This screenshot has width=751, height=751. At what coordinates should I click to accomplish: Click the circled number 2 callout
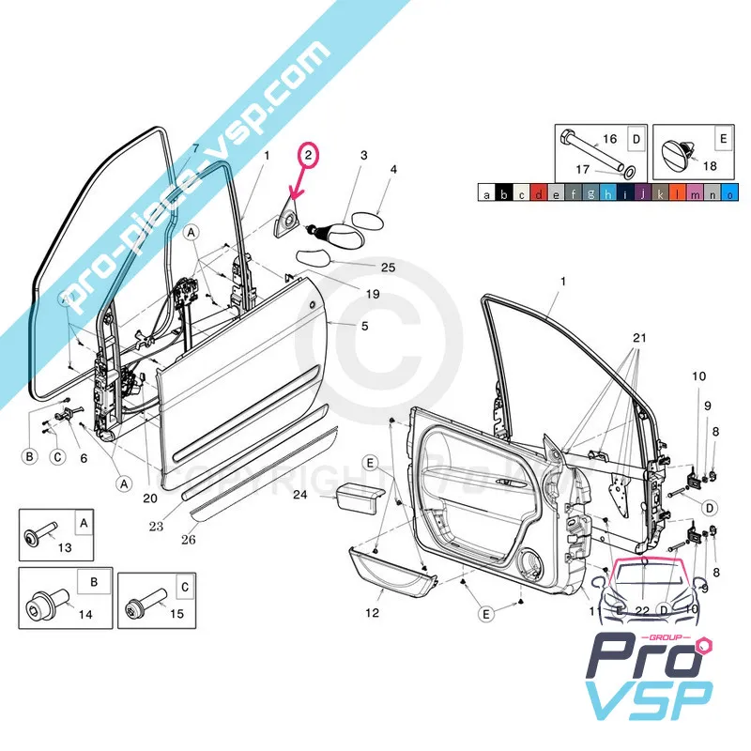309,153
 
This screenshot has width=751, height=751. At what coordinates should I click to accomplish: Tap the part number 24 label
300,495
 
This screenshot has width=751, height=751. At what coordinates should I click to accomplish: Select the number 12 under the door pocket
373,613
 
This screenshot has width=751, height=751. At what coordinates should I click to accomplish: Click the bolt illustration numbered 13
38,536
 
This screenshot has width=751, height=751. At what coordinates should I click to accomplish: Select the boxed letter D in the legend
636,140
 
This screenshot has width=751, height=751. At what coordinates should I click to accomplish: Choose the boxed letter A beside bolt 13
83,522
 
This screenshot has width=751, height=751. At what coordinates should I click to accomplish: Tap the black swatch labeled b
504,195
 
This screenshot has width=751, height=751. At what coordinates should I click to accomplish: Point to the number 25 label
361,268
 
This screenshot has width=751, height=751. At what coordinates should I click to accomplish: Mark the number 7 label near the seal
196,148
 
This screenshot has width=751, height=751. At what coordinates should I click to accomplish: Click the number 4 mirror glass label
393,170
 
